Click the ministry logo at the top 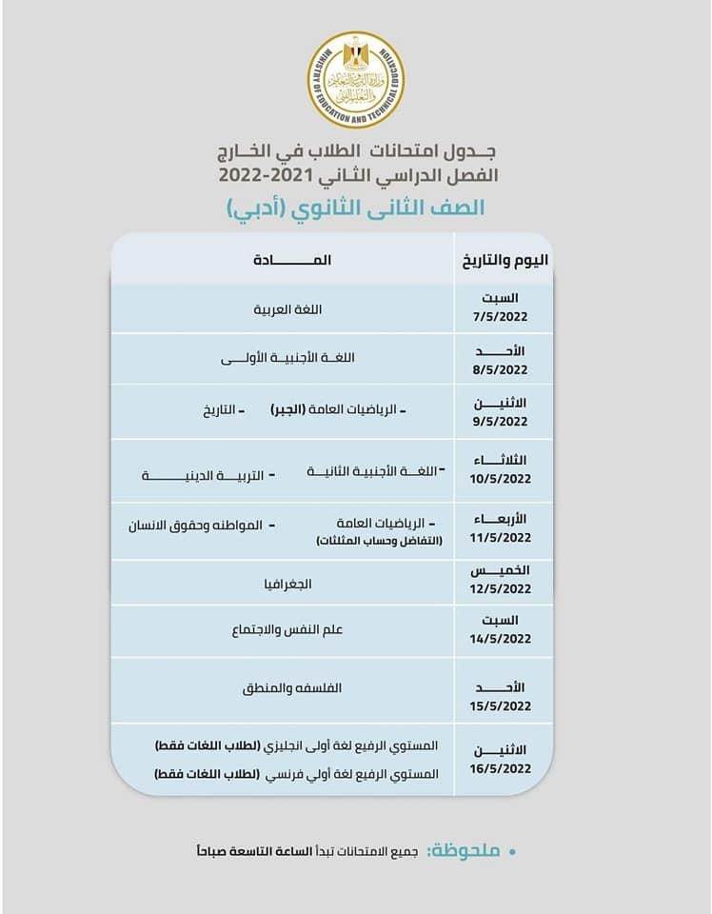[355, 81]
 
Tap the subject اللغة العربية [283, 309]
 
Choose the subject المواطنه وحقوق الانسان [198, 524]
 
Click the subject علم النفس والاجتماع [283, 630]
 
